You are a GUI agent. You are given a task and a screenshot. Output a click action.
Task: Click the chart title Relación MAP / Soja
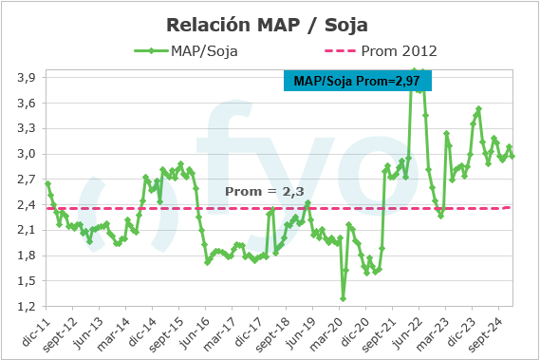coord(269,24)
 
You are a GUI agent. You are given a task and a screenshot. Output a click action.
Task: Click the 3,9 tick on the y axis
coord(27,77)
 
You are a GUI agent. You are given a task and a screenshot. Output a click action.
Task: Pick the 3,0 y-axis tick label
coord(27,154)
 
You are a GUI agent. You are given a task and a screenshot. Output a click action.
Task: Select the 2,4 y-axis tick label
coord(27,205)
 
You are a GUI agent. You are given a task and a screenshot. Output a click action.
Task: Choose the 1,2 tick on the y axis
coord(27,307)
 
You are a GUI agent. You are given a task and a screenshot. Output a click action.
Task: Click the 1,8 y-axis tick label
coord(27,256)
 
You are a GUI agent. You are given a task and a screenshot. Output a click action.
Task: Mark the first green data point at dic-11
coord(47,183)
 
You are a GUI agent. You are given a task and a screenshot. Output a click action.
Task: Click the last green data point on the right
coord(513,156)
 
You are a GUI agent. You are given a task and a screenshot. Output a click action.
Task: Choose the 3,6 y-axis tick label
coord(27,103)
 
